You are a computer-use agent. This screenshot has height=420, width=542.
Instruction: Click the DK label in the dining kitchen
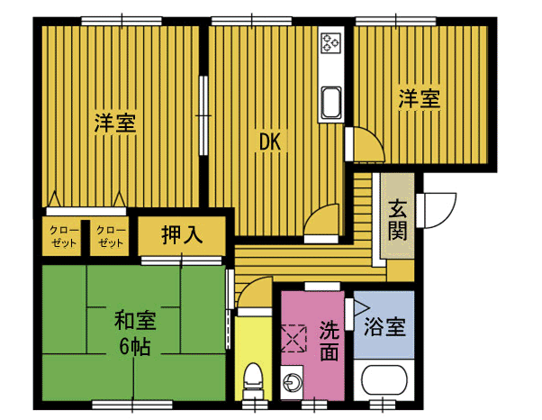(271, 142)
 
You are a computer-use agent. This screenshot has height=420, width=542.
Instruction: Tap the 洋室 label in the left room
(116, 123)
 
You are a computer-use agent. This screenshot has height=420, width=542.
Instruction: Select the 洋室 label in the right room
(420, 99)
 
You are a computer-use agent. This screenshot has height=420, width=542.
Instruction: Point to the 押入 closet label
(181, 236)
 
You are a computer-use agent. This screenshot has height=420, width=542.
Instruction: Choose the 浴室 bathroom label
(384, 327)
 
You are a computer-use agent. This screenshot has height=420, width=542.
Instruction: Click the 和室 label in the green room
(134, 320)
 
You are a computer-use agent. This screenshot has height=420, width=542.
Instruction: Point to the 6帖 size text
(134, 347)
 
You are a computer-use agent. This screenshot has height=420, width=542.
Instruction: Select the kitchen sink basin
(330, 102)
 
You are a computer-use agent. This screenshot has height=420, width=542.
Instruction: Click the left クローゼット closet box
(63, 237)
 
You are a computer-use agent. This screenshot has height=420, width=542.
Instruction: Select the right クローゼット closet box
(111, 237)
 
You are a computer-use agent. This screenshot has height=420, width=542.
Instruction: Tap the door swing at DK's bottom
(321, 220)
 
